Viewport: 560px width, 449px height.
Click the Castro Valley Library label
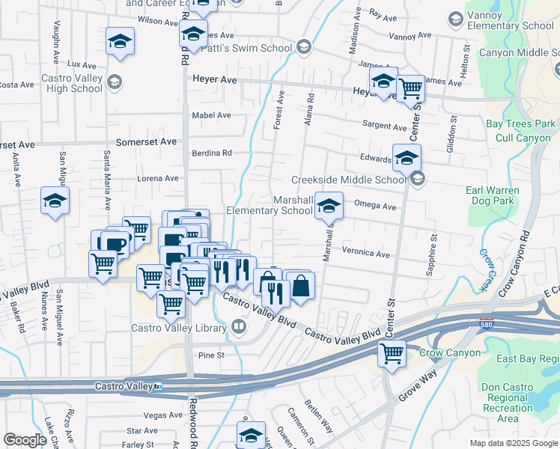[179, 327]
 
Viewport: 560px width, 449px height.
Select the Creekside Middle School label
[348, 180]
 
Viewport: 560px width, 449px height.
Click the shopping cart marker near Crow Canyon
[391, 353]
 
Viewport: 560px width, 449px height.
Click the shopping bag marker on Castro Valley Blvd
[300, 285]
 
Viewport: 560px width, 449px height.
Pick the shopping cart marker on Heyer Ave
[410, 88]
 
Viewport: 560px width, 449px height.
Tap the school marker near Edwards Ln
[407, 157]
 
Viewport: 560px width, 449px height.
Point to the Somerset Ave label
[146, 141]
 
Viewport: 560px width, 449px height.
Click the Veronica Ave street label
[367, 253]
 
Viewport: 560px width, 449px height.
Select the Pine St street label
[212, 355]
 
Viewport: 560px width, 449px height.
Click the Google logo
[25, 440]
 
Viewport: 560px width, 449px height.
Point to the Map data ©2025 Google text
[514, 443]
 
